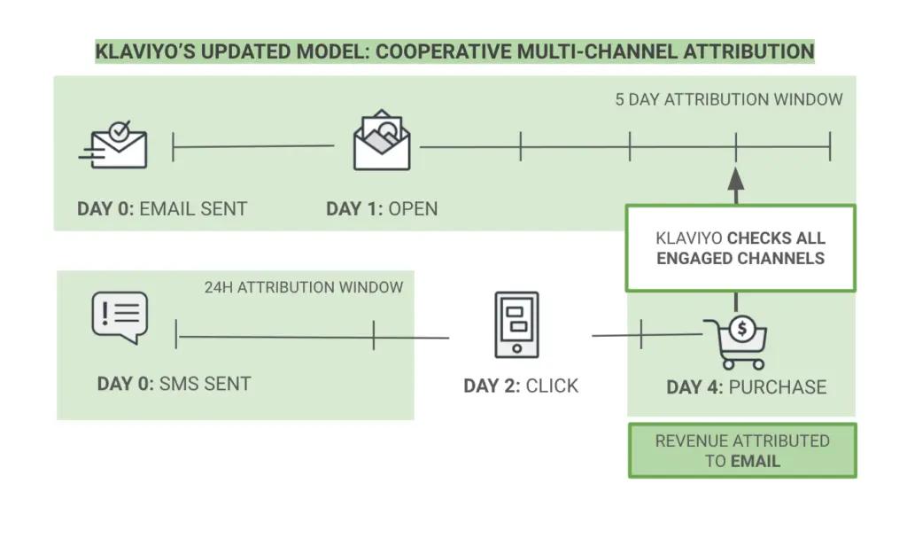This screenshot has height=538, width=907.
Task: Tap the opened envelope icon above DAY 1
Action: [x=381, y=141]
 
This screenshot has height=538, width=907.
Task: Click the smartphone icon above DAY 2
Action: [x=516, y=325]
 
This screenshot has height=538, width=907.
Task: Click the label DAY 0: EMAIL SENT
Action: [x=162, y=209]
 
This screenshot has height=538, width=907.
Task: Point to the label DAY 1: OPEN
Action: [x=382, y=209]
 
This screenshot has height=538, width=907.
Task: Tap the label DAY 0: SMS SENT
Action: [x=174, y=384]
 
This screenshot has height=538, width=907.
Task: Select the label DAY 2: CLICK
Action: [x=521, y=386]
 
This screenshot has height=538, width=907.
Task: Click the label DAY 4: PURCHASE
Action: [x=746, y=387]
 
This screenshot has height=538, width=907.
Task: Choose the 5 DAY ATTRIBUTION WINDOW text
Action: [x=729, y=99]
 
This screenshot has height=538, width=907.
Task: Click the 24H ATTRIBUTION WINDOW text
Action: [x=304, y=287]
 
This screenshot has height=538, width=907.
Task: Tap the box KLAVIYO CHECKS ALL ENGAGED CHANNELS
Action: [x=740, y=248]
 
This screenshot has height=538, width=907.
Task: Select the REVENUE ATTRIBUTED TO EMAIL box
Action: [x=742, y=450]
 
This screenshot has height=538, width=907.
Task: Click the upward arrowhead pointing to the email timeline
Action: [x=736, y=176]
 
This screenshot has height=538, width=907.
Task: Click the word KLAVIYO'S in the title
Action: [x=145, y=51]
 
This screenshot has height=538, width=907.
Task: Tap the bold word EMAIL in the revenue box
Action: [x=756, y=461]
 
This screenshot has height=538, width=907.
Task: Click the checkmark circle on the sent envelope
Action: [x=120, y=129]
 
